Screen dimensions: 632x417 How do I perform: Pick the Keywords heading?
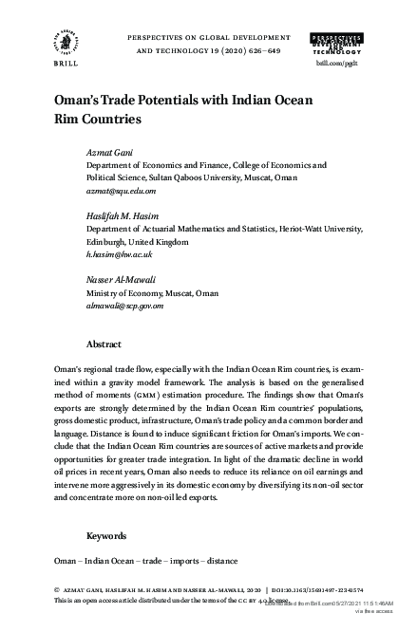pos(106,535)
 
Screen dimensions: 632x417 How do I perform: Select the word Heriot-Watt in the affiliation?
pos(285,229)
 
